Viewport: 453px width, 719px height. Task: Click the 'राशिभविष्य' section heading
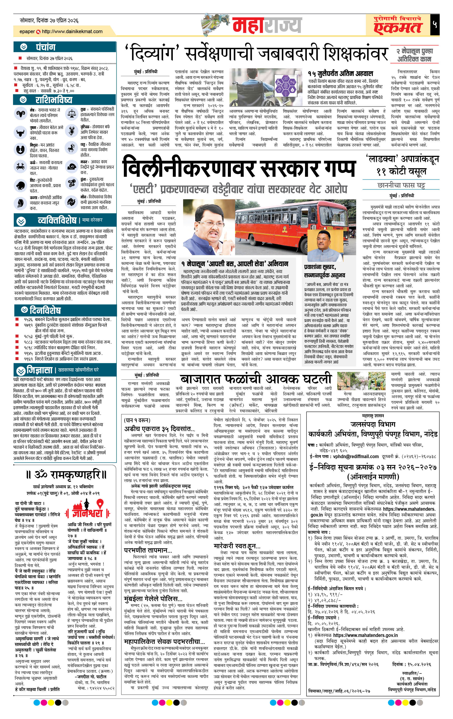coord(54,99)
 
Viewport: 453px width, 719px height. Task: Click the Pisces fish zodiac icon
coord(72,202)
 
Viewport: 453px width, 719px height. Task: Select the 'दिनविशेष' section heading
coord(45,310)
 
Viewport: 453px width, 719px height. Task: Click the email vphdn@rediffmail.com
coord(356,457)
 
